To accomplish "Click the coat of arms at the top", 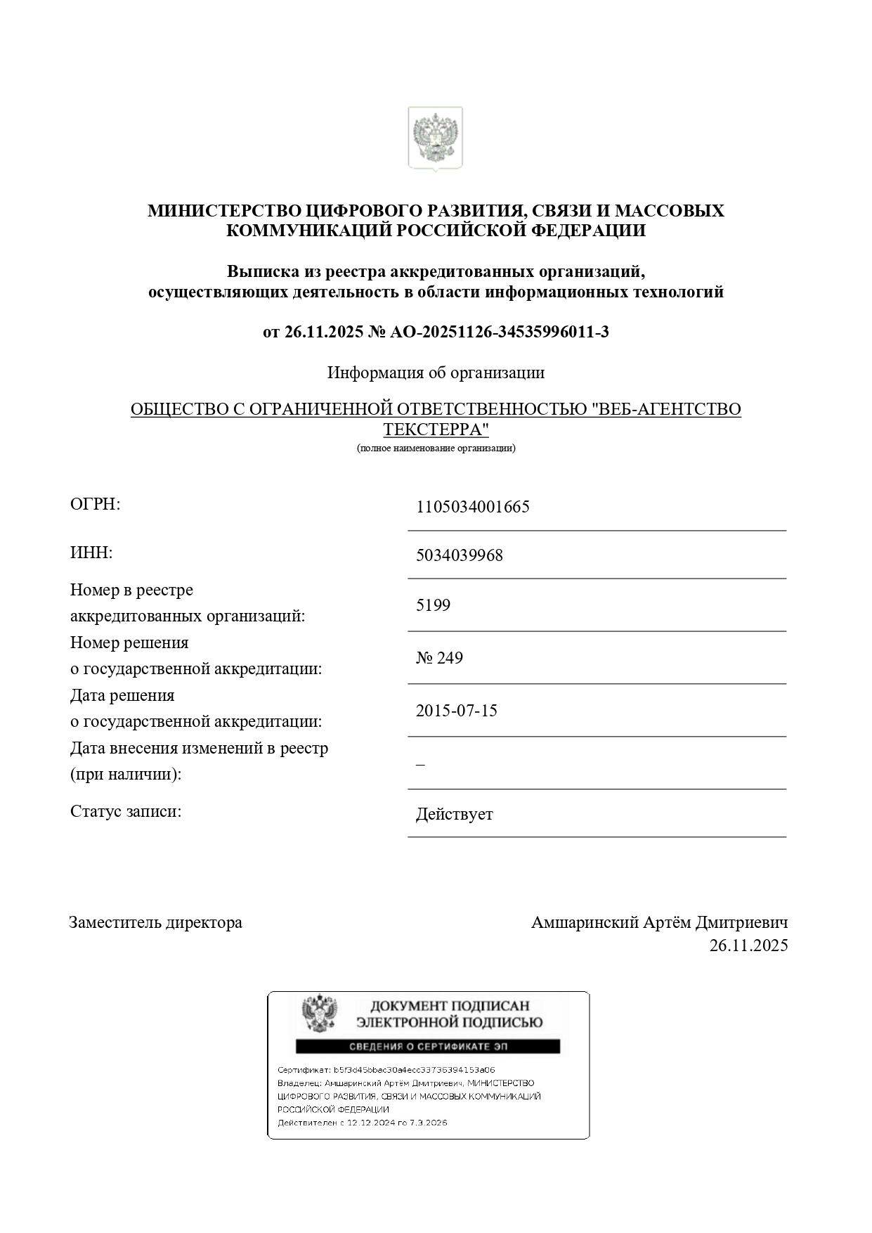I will coord(436,138).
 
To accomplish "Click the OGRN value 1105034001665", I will coord(472,507).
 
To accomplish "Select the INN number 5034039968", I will coord(459,555).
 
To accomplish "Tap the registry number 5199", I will coord(433,605).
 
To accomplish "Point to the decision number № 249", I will coord(439,658).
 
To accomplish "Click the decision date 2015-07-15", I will coord(456,711).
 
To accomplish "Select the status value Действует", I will coord(454,815).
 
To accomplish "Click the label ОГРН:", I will coord(96,504).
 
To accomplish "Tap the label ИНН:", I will coord(91,553).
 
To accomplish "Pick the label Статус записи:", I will coord(126,811).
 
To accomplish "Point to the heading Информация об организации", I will coord(436,373).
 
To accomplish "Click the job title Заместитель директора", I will coord(155,922).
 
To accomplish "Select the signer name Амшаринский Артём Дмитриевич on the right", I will coord(659,922).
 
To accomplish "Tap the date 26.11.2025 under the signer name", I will coord(748,945).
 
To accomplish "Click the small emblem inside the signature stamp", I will coord(319,1013).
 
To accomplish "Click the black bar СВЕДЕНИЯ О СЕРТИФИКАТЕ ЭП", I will coord(427,1047).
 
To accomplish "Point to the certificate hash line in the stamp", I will coord(386,1070).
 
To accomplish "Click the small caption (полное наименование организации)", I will coord(436,448).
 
